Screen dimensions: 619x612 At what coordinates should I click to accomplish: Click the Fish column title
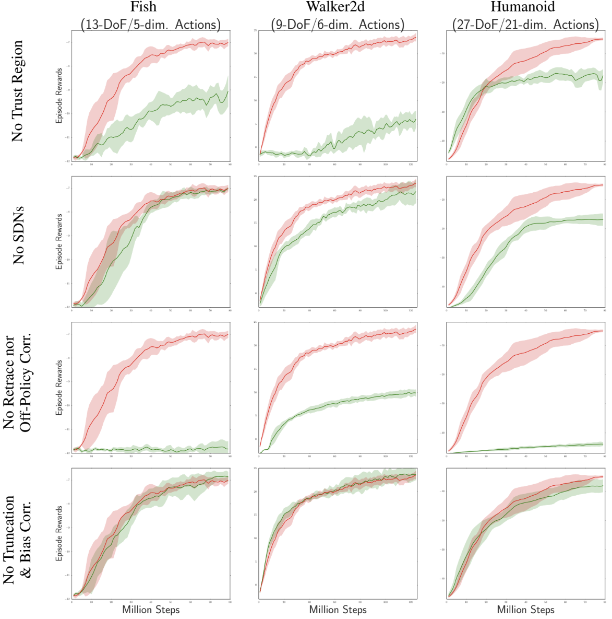point(143,7)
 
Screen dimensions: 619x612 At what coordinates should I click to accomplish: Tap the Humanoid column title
point(523,7)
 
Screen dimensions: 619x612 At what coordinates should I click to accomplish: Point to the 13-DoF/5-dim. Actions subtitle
point(150,24)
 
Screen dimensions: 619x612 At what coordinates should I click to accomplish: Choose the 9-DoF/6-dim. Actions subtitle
point(338,24)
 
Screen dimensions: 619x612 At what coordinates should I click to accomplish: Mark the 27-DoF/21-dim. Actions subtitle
point(525,24)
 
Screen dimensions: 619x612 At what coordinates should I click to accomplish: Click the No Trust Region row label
point(18,91)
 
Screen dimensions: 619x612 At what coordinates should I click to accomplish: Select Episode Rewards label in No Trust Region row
point(59,96)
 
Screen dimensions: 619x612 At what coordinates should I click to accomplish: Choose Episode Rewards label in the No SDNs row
point(59,241)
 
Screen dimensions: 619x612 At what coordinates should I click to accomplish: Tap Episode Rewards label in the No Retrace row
point(59,387)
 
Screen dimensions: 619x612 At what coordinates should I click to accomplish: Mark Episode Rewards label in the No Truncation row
point(59,533)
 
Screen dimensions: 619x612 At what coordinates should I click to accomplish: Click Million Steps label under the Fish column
point(151,610)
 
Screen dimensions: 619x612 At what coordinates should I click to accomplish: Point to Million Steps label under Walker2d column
point(338,610)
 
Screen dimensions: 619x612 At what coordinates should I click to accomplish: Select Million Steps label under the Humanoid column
point(525,610)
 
